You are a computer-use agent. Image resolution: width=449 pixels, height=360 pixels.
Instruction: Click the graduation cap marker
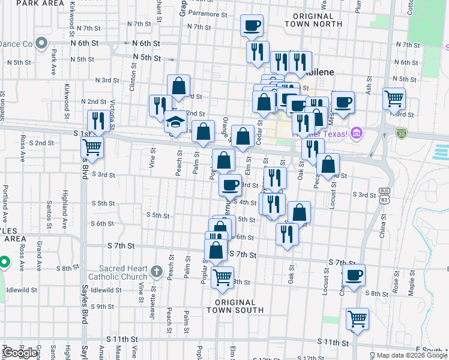point(175,122)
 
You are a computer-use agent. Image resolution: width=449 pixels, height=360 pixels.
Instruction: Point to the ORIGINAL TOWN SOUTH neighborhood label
point(235,306)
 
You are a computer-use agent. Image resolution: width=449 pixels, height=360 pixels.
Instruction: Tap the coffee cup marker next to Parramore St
point(252,26)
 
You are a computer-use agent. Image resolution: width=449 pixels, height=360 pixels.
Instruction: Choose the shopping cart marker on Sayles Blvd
point(92,146)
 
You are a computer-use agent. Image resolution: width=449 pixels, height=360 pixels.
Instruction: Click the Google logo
point(20,353)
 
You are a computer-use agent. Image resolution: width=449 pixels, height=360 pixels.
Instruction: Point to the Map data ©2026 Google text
point(411,355)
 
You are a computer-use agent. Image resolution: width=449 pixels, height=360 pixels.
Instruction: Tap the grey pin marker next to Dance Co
point(41,43)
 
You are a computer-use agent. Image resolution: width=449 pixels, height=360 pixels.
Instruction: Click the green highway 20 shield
point(401,132)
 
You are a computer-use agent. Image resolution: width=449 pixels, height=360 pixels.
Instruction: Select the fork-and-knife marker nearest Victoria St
point(97,120)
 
